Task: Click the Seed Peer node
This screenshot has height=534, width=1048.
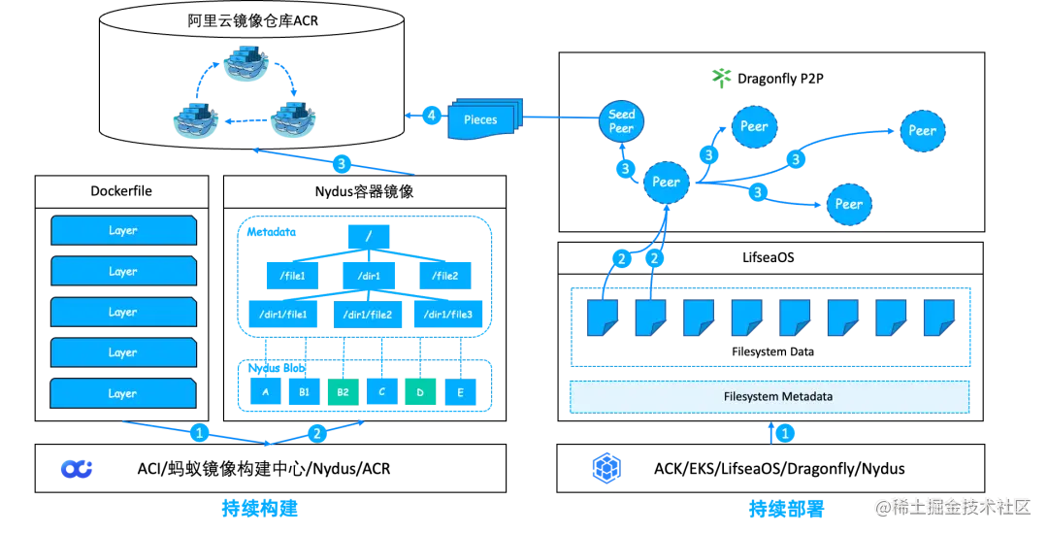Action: [x=621, y=121]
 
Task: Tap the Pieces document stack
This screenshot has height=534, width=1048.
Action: [x=484, y=118]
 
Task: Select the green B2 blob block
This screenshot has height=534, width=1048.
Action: [x=343, y=391]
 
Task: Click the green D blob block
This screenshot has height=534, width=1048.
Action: [x=420, y=391]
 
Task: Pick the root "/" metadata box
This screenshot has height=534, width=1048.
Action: [x=369, y=237]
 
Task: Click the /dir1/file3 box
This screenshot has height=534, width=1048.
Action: [x=447, y=315]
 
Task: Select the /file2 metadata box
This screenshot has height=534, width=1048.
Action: [x=445, y=276]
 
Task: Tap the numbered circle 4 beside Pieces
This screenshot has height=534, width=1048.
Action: [x=432, y=116]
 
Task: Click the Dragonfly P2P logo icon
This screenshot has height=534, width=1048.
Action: [x=722, y=79]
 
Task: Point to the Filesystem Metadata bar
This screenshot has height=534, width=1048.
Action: [x=770, y=396]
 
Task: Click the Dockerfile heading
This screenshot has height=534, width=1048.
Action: [x=121, y=191]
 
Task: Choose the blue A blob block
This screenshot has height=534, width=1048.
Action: [x=265, y=391]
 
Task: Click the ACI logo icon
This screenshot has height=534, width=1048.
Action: [x=77, y=469]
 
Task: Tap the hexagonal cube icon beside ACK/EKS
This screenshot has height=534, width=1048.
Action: [x=606, y=468]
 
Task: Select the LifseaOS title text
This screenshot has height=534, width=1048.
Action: [x=769, y=257]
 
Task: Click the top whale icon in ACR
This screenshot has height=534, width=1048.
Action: [x=245, y=63]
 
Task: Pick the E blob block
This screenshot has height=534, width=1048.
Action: [x=461, y=391]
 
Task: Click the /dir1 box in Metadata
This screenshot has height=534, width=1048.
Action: [x=369, y=276]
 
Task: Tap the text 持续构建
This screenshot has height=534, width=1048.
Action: [x=259, y=509]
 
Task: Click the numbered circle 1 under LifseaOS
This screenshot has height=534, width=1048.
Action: [x=785, y=433]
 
